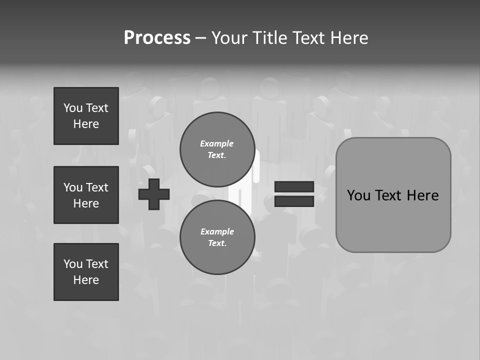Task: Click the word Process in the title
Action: tap(157, 38)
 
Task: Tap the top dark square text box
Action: tap(86, 116)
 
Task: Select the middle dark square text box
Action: tap(86, 195)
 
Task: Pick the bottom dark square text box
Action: tap(86, 272)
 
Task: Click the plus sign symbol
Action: tap(154, 194)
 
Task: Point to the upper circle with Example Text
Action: tap(217, 149)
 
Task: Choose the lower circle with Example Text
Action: tap(217, 237)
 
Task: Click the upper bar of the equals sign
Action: tap(294, 187)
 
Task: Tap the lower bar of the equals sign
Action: tap(294, 201)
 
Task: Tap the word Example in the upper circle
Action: tap(216, 143)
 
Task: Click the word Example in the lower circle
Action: tap(217, 231)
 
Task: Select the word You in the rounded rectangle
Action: tap(358, 195)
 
